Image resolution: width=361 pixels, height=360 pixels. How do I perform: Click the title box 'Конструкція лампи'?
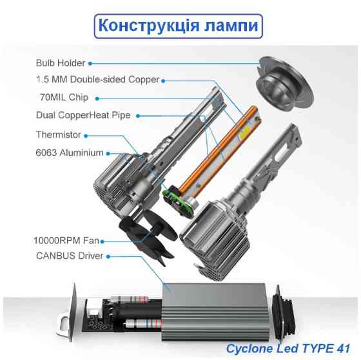tap(179, 26)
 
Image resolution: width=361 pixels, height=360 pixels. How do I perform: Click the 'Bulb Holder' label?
tap(61, 63)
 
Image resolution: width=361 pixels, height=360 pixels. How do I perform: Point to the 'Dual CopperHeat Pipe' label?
tap(84, 115)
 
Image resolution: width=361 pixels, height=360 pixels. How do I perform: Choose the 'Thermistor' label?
tap(59, 135)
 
